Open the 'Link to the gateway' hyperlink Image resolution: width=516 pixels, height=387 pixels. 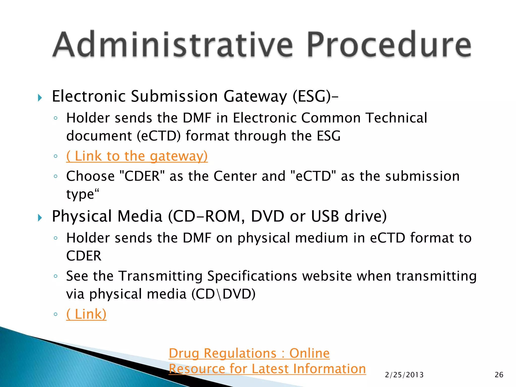pos(137,156)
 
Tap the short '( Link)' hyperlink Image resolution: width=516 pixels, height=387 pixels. pos(86,314)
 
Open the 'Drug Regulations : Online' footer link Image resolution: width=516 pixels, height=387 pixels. pos(249,353)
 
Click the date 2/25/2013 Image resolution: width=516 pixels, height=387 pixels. pos(404,375)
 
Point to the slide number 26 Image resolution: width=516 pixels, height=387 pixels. pos(499,375)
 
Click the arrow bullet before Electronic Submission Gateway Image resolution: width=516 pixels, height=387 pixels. pos(40,98)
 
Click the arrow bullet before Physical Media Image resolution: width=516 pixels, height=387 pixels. pos(40,218)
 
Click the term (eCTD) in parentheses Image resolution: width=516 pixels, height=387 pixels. pos(159,136)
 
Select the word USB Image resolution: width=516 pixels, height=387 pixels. pos(325,216)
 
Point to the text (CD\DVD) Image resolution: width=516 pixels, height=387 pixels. pos(223,294)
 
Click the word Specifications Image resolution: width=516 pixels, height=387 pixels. pos(252,276)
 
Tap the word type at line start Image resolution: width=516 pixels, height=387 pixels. pos(80,195)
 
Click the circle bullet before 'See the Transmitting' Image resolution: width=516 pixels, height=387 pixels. pos(56,276)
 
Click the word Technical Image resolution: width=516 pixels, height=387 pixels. pos(396,118)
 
